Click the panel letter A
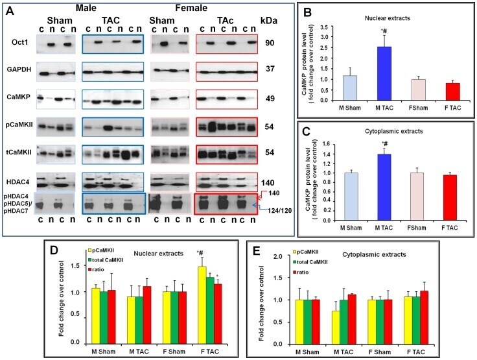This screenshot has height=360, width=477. pyautogui.click(x=9, y=8)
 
